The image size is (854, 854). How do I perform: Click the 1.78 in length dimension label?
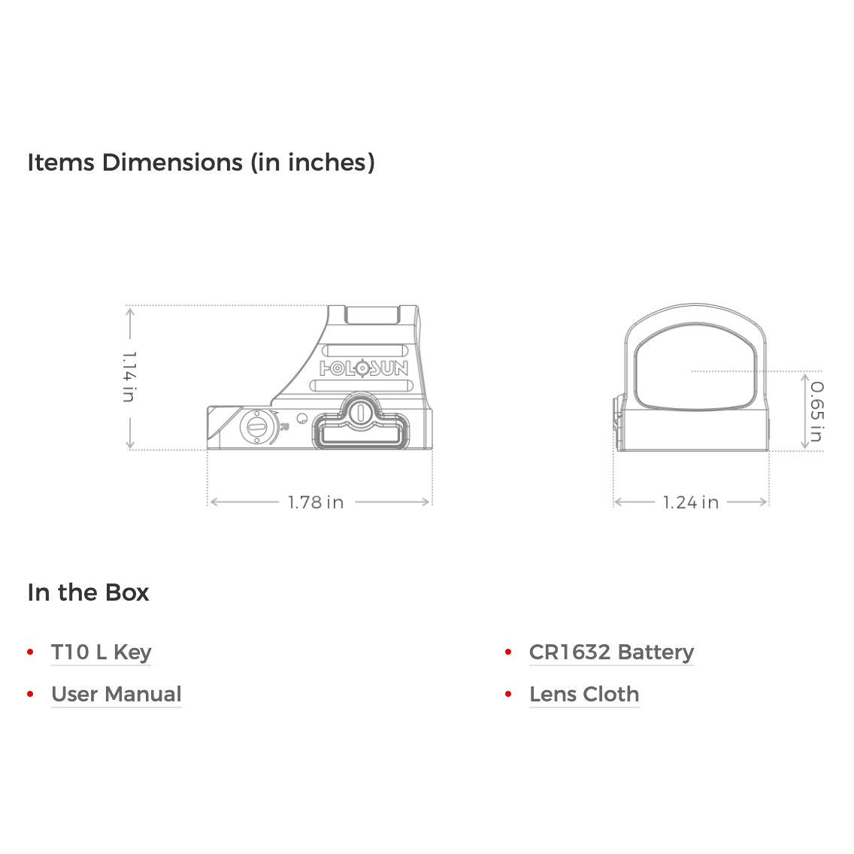coord(315,502)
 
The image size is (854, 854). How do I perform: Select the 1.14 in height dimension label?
coord(129,377)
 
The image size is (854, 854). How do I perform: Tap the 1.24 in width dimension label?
coord(691,502)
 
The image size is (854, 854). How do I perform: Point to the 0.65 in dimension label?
coord(817,412)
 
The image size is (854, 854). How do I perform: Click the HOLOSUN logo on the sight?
coord(363,368)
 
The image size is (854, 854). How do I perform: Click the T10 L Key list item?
coord(101,652)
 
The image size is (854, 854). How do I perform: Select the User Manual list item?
coord(117,695)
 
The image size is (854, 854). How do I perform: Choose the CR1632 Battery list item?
coord(612,652)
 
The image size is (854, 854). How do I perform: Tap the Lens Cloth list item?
coord(584,695)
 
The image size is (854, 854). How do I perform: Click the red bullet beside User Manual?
coord(31,695)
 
